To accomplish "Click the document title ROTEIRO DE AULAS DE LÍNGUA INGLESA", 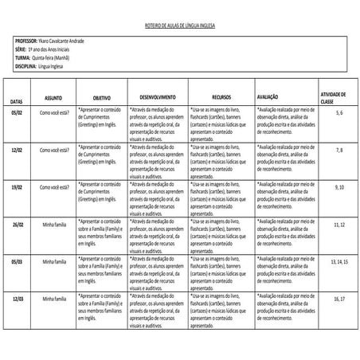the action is point(180,25).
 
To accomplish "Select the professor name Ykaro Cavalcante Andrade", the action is point(64,40).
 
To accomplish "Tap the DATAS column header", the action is point(17,101).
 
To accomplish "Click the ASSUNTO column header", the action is point(53,97).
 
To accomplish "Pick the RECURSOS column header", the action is point(221,97).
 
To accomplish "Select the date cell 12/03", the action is point(17,298).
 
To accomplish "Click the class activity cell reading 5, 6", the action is point(339,114).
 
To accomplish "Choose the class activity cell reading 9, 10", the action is point(339,186).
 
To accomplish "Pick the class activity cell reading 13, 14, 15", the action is point(338,260).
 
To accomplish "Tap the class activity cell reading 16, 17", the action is point(339,298).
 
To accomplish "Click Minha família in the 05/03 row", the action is point(54,260).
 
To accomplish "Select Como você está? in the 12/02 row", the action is point(54,150).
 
